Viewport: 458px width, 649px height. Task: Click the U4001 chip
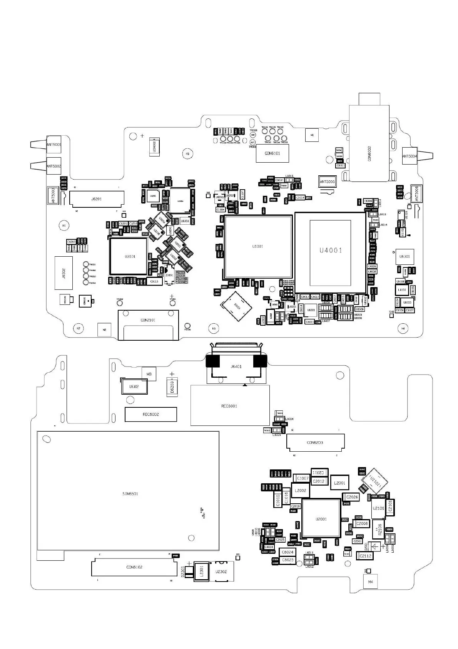[330, 251]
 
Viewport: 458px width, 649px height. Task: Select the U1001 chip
[257, 247]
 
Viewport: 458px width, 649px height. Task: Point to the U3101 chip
[129, 256]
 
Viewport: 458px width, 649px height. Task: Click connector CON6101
[272, 153]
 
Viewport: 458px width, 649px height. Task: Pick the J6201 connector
[96, 199]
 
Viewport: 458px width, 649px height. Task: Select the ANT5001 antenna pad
[53, 145]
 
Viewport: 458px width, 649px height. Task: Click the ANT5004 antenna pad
[410, 156]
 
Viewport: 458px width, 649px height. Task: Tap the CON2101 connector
[148, 320]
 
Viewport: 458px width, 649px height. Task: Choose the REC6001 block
[230, 405]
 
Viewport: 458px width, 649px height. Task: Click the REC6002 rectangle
[150, 414]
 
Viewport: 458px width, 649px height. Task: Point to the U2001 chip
[321, 519]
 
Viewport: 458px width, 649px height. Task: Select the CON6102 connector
[134, 567]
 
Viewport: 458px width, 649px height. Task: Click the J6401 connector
[236, 367]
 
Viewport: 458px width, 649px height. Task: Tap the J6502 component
[64, 273]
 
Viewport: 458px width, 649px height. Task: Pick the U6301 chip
[405, 256]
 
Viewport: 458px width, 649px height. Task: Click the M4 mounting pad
[371, 582]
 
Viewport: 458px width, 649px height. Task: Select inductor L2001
[339, 483]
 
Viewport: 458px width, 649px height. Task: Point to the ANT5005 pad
[327, 182]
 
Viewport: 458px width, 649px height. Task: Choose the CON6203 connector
[315, 442]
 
